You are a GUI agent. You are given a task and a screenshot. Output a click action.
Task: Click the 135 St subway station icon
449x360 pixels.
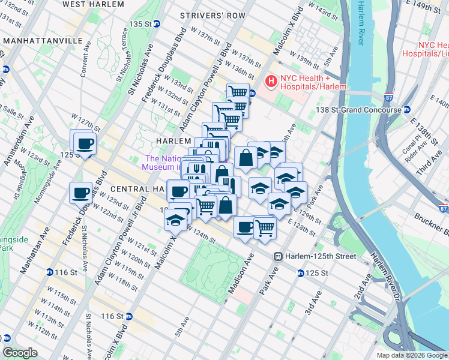(x=157, y=23)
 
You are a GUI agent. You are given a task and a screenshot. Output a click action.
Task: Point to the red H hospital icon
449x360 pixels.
(x=271, y=80)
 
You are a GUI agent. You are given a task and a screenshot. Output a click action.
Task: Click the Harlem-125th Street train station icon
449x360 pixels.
(x=279, y=256)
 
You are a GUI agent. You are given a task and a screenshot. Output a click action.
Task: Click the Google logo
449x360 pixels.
(x=20, y=353)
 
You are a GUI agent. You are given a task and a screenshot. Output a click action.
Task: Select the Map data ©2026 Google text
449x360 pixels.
(x=411, y=355)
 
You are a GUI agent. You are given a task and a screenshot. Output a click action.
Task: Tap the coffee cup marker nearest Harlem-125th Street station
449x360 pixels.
(x=245, y=227)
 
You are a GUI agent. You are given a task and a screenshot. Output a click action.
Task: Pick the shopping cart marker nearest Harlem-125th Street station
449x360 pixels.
(x=265, y=227)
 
